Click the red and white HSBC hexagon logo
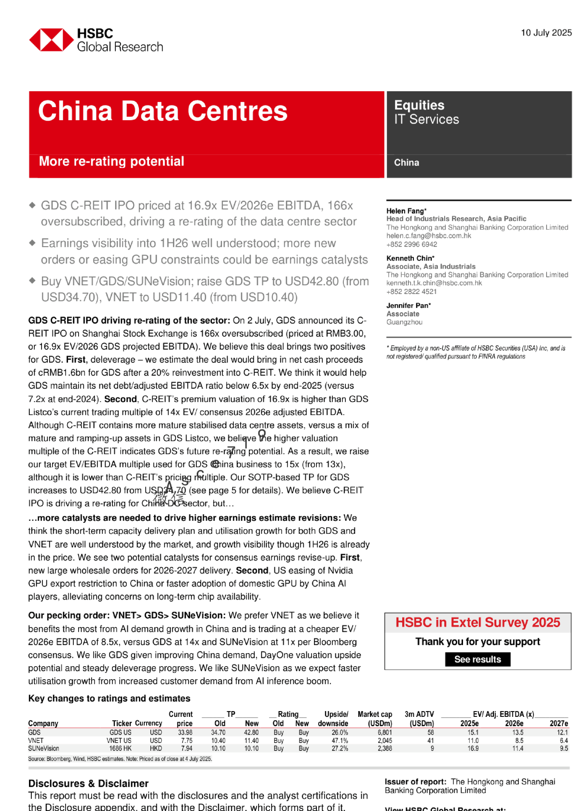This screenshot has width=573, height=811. pyautogui.click(x=51, y=40)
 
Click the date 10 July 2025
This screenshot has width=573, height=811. pyautogui.click(x=546, y=33)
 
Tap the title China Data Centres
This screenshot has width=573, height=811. pyautogui.click(x=163, y=112)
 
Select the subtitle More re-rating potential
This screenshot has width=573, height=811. pyautogui.click(x=111, y=161)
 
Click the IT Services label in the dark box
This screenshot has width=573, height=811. pyautogui.click(x=426, y=120)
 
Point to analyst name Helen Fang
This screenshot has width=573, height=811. pyautogui.click(x=406, y=211)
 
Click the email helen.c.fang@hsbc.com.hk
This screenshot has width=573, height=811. pyautogui.click(x=428, y=236)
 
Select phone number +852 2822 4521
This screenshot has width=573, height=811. pyautogui.click(x=411, y=292)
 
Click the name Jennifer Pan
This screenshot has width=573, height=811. pyautogui.click(x=408, y=306)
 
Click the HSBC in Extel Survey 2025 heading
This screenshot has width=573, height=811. pyautogui.click(x=477, y=623)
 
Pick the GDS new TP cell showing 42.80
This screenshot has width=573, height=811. pyautogui.click(x=251, y=732)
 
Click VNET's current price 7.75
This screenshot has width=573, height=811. pyautogui.click(x=187, y=741)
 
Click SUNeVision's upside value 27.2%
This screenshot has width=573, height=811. pyautogui.click(x=340, y=749)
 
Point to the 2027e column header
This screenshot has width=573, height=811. pyautogui.click(x=559, y=723)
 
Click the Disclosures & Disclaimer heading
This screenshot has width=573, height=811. pyautogui.click(x=88, y=783)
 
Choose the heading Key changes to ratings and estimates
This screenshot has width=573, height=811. pyautogui.click(x=109, y=699)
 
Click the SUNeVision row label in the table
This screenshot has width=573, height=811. pyautogui.click(x=43, y=749)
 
